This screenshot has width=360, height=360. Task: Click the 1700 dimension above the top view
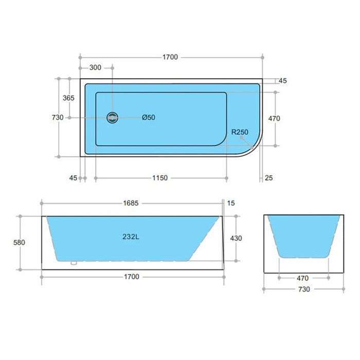[x=170, y=57]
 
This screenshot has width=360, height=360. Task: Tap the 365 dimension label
[x=68, y=98]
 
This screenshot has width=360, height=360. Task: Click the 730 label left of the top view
[x=58, y=117]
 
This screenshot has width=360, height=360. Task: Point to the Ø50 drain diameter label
[x=148, y=118]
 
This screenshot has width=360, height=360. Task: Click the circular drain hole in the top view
[x=112, y=118]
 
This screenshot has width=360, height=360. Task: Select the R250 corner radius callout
[x=240, y=132]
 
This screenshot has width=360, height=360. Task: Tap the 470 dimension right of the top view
[x=274, y=118]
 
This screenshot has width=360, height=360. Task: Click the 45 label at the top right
[x=282, y=81]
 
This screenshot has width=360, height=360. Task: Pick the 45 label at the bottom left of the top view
[x=73, y=178]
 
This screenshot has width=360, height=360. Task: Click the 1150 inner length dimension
[x=160, y=178]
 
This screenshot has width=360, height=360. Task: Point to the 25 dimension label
[x=268, y=178]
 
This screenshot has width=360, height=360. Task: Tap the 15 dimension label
[x=231, y=203]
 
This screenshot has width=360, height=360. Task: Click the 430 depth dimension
[x=236, y=238]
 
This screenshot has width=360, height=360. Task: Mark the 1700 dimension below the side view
[x=132, y=277]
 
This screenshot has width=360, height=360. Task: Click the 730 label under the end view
[x=304, y=289]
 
